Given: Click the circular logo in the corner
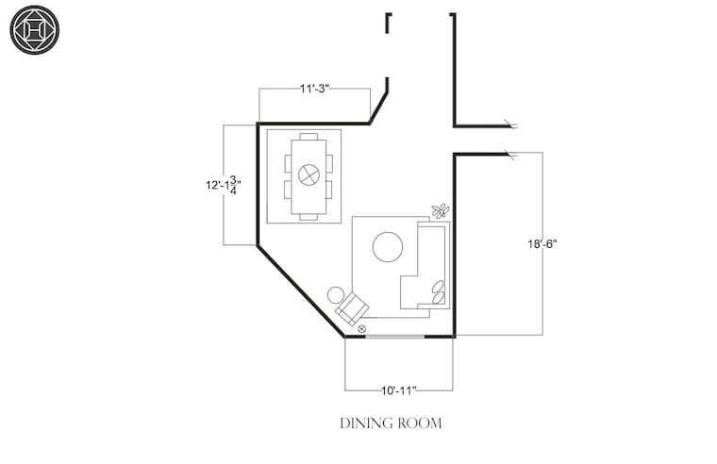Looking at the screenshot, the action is tap(35, 30).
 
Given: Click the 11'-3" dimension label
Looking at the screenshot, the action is tap(314, 89).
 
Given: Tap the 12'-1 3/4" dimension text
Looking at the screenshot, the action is tap(224, 185).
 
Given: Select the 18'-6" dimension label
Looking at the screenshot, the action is tap(542, 244).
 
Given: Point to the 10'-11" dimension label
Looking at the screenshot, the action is tap(399, 390).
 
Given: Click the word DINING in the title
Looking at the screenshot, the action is tap(366, 423).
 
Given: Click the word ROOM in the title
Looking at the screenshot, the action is tap(419, 423).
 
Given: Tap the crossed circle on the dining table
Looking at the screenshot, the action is tap(308, 174).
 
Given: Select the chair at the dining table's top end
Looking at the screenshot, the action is tap(308, 136).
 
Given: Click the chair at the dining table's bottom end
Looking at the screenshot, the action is tap(308, 217).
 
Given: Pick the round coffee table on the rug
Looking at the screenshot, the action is tap(388, 247).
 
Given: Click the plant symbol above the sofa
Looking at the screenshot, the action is tap(441, 210).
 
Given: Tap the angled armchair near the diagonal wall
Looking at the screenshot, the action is tap(352, 309).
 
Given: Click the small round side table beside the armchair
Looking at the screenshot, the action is tap(336, 295).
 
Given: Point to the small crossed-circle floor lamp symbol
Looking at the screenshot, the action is tap(361, 328).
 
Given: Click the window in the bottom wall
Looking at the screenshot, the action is tap(395, 337).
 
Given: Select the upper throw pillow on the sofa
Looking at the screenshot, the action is tap(438, 286).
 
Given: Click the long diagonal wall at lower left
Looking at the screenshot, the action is tap(301, 291).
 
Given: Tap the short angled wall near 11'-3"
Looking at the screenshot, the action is tap(379, 107).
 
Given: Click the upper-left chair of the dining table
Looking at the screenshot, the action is tap(288, 163).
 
